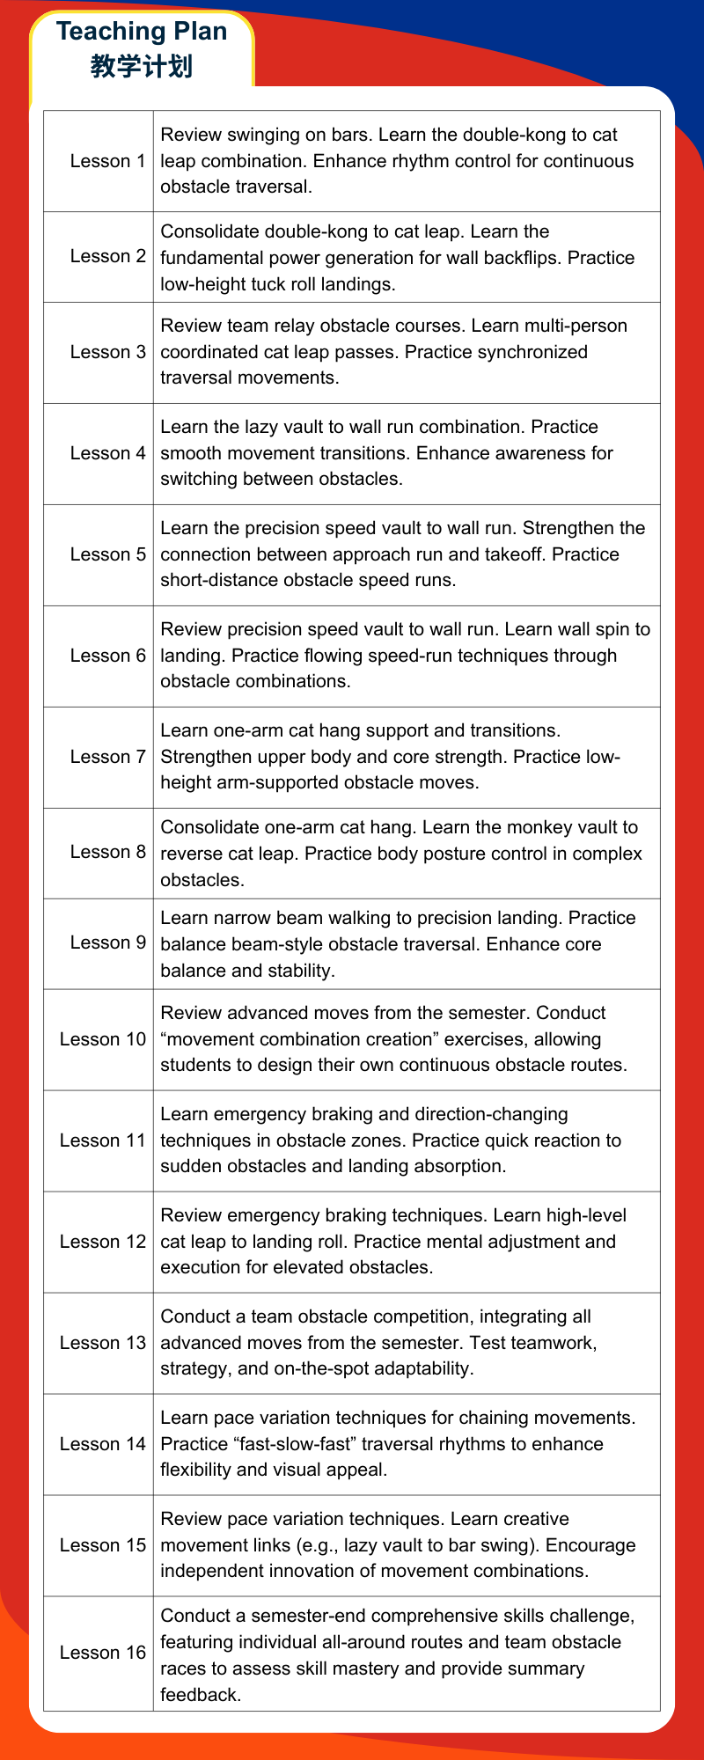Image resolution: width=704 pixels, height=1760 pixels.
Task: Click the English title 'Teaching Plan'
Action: click(x=142, y=32)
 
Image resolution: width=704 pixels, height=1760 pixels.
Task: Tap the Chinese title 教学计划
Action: click(x=142, y=67)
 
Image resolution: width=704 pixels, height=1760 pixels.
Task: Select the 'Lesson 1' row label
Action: click(x=107, y=161)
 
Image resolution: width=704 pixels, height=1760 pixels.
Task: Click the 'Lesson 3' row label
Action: click(x=107, y=352)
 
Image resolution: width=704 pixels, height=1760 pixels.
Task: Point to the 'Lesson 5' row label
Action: click(x=107, y=554)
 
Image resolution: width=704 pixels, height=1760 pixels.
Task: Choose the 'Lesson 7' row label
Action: click(x=107, y=757)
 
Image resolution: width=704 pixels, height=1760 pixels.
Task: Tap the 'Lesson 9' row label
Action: click(x=107, y=942)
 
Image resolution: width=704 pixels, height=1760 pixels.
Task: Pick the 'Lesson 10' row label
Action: click(x=102, y=1039)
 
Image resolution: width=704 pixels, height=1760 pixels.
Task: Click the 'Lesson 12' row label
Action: click(x=102, y=1242)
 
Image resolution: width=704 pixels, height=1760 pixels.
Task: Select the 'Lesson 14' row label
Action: click(x=102, y=1444)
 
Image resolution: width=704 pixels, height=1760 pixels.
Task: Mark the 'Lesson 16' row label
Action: click(x=102, y=1654)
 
